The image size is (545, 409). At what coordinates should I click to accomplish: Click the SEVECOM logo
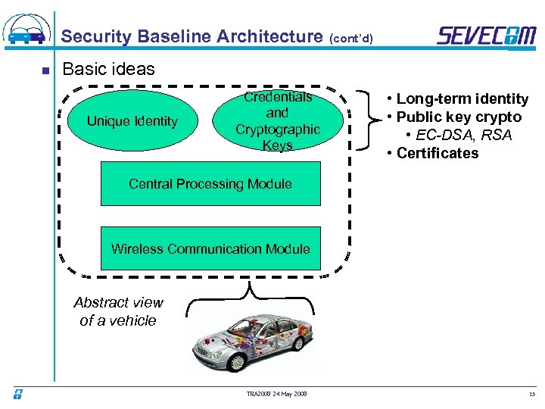487,36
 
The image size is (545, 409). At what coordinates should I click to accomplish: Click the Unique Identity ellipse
132,121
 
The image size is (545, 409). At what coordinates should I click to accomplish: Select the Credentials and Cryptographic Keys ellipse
278,121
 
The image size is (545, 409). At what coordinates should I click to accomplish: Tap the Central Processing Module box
210,184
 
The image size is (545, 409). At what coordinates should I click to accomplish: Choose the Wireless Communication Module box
210,248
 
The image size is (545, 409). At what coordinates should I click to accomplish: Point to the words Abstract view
118,302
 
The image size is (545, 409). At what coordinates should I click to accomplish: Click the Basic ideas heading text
108,69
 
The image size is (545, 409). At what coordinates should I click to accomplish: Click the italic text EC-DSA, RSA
463,135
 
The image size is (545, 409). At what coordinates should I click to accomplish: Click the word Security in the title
95,36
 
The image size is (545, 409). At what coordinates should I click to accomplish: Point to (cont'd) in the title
350,38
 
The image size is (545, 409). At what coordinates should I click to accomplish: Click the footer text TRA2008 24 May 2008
276,392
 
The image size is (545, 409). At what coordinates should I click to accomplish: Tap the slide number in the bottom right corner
531,393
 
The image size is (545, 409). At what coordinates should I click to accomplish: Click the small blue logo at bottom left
17,393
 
